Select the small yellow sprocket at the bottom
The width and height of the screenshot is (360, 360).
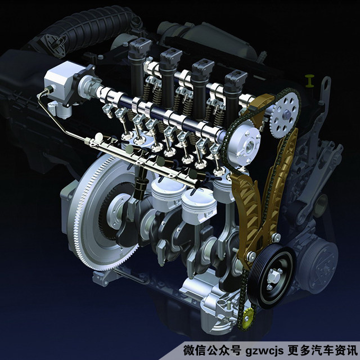click(x=247, y=318)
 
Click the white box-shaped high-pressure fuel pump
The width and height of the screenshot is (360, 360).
click(x=62, y=80)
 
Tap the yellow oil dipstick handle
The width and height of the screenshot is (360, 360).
click(x=310, y=80)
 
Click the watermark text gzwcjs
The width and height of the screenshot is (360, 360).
click(x=264, y=351)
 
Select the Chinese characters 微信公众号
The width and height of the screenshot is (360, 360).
click(x=212, y=350)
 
